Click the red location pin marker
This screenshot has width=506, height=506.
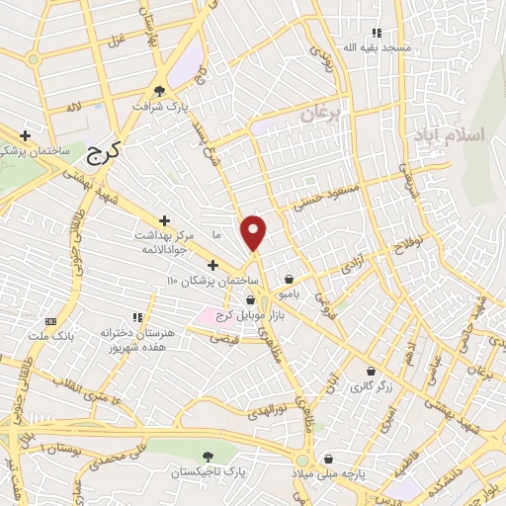(254, 232)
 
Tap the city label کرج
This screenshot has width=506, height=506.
(98, 151)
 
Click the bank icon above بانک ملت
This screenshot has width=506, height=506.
(51, 322)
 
